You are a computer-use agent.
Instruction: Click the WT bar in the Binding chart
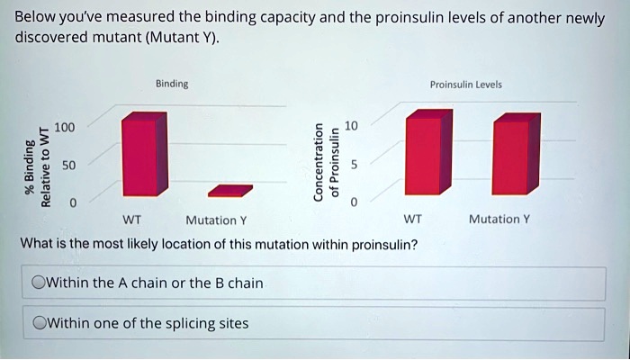tap(145, 154)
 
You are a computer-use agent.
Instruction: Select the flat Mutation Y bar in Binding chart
tap(230, 191)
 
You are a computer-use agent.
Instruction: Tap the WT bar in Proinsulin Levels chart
tap(428, 152)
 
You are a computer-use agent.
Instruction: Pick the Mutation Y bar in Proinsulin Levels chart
tap(517, 154)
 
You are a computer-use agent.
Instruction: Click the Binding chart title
tap(172, 84)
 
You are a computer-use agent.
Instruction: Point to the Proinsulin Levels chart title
tap(465, 85)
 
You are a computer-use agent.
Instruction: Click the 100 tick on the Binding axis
tap(65, 128)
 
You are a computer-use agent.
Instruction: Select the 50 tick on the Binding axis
tap(68, 165)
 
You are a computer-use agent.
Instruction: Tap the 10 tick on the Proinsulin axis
tap(351, 126)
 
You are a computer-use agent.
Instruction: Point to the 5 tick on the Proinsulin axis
tap(354, 165)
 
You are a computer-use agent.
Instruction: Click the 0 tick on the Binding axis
tap(72, 202)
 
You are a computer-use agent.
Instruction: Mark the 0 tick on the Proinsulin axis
tap(354, 202)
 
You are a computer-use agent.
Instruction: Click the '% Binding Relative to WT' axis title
tap(38, 166)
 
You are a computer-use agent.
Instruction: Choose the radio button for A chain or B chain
tap(39, 283)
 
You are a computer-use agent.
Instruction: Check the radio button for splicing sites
tap(39, 323)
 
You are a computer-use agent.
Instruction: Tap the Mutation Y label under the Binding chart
tap(216, 220)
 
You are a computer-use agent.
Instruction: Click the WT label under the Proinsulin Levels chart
tap(412, 219)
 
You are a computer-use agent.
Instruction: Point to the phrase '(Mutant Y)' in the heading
tap(182, 38)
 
